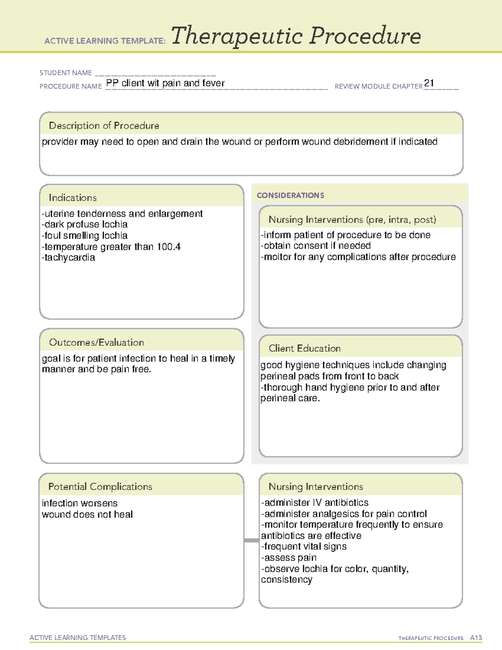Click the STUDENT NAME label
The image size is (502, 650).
coord(66,73)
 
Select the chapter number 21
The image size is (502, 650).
coord(429,83)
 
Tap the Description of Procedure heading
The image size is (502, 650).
coord(104,126)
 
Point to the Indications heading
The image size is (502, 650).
coord(72,198)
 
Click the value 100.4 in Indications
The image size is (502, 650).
coord(169,247)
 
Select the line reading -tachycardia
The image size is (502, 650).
coord(68,258)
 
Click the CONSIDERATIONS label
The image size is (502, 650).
coord(290,195)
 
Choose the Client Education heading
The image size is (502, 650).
coord(305,348)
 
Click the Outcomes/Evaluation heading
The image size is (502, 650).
coord(96,342)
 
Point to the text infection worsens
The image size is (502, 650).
coord(79,503)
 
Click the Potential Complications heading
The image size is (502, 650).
coord(100,487)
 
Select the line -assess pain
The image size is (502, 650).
coord(289,558)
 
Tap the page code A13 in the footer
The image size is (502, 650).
coord(476,638)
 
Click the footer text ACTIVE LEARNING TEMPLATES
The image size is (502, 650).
coord(77,637)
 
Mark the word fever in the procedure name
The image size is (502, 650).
coord(213,83)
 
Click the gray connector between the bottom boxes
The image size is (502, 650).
coord(251,540)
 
